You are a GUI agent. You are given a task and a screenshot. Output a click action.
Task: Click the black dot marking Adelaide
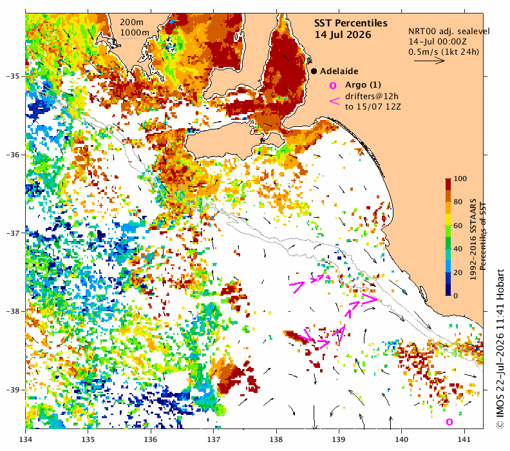tap(314, 71)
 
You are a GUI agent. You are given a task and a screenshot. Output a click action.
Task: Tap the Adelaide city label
tap(339, 72)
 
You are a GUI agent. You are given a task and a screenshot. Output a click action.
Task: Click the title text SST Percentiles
tap(350, 23)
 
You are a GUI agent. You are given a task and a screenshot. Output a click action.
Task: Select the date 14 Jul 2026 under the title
tap(343, 35)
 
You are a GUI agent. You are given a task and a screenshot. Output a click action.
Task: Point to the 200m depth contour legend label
tap(131, 22)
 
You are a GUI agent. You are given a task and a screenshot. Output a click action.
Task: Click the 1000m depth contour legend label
tap(135, 32)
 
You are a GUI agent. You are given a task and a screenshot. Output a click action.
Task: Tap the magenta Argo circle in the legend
tap(333, 86)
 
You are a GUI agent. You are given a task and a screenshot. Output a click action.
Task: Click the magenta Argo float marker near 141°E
tap(449, 422)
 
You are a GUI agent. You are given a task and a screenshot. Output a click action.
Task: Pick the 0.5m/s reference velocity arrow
tap(430, 61)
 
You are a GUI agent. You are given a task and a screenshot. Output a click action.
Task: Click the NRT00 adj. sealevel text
tap(449, 31)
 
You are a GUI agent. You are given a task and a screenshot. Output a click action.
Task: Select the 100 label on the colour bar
tap(460, 178)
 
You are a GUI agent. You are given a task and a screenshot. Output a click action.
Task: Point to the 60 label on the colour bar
tap(458, 225)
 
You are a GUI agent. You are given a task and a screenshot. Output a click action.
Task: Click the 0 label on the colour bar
tap(456, 296)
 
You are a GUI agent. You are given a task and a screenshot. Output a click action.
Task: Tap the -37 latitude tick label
tap(14, 233)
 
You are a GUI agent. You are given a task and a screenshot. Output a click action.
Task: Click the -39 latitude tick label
tap(14, 390)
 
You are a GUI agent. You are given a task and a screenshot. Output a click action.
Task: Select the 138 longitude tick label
tap(276, 439)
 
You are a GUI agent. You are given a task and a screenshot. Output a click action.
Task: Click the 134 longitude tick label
tap(26, 439)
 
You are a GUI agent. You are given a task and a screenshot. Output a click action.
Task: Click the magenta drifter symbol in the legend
tap(334, 101)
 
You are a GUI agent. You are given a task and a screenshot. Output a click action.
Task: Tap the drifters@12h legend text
tap(372, 96)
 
